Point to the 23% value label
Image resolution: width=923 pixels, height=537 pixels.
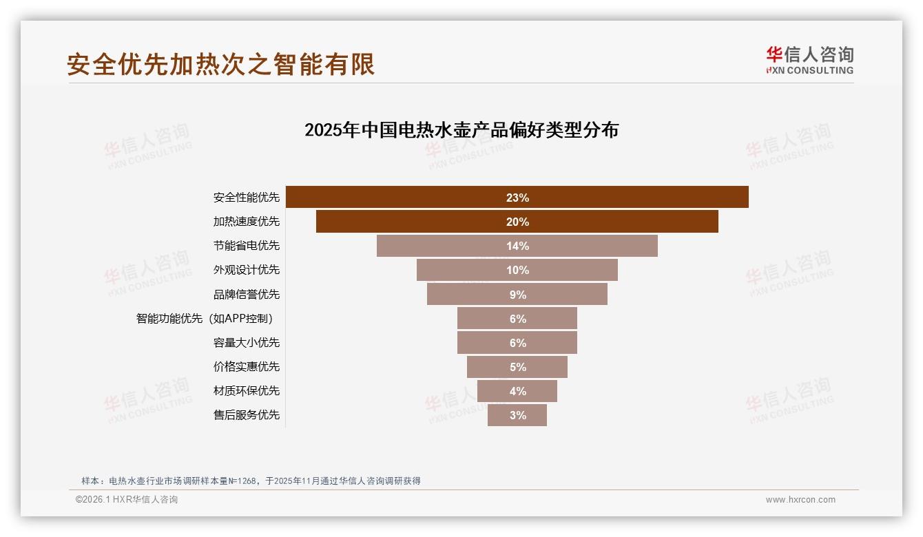point(517,198)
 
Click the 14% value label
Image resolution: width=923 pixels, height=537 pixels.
point(517,246)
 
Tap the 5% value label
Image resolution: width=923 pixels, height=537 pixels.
point(517,367)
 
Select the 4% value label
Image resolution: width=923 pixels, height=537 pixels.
point(517,391)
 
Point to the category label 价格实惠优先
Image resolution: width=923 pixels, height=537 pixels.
point(247,367)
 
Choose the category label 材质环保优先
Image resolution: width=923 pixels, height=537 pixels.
point(247,391)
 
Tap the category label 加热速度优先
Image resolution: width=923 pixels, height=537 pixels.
point(247,222)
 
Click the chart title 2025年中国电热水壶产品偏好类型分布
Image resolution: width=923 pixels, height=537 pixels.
point(461,129)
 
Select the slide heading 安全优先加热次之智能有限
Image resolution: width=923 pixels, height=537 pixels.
point(220,64)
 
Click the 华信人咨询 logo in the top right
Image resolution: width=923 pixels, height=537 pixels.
point(809,61)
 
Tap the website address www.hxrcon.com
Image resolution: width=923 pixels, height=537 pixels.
point(800,500)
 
